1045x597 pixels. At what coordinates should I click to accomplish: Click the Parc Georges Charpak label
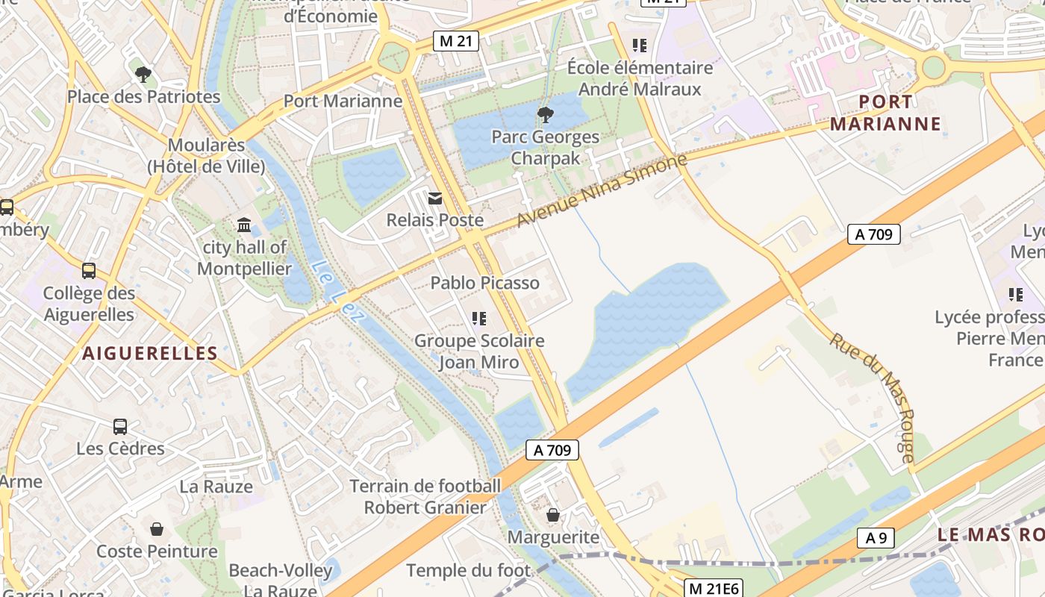545,147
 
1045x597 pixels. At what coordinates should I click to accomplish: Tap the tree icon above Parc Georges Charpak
545,114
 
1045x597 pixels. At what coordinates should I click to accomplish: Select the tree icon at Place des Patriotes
143,74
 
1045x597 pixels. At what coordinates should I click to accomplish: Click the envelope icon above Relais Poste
434,198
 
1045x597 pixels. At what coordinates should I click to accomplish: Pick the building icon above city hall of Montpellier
244,225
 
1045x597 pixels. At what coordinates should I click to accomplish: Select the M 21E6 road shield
714,589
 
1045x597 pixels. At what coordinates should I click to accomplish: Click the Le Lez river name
338,291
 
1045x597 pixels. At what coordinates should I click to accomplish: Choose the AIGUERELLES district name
149,354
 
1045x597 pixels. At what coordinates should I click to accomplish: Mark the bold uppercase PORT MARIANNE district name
885,113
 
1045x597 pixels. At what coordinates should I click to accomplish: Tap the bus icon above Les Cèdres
120,427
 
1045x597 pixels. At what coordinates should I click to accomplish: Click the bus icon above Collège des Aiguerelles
89,271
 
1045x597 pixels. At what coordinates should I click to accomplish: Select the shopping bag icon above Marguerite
553,515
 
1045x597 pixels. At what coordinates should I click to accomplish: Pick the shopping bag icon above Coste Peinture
157,529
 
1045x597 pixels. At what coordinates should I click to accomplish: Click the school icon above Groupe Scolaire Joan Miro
479,319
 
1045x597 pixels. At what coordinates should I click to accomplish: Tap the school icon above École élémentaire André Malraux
639,46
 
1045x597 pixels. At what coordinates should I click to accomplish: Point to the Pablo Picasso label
485,283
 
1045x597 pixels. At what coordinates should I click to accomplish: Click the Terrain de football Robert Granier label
425,496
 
